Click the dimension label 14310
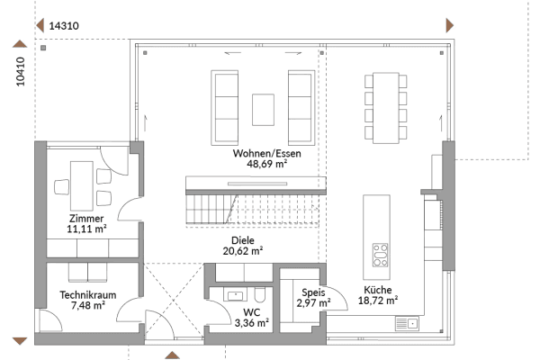point(64,26)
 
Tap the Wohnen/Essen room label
point(266,154)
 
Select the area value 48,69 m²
point(266,166)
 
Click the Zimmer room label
point(85,219)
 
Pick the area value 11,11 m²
point(86,230)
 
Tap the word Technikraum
point(86,294)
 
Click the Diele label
point(242,241)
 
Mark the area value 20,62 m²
point(242,253)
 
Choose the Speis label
point(312,292)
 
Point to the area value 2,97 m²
point(312,303)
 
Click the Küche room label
point(377,291)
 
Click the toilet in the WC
point(258,294)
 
